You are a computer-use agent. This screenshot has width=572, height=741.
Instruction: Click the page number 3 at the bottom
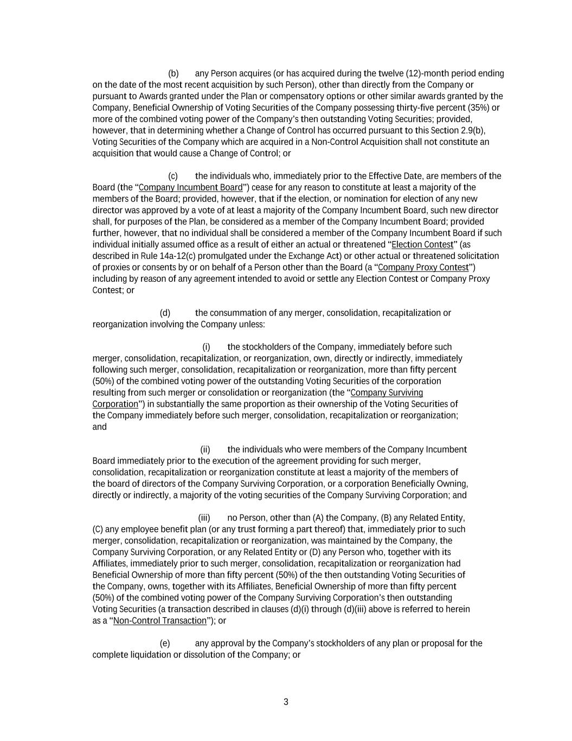tap(286, 702)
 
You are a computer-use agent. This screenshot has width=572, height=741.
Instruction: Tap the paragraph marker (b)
tap(173, 73)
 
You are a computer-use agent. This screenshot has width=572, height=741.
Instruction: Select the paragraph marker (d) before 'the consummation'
tap(165, 313)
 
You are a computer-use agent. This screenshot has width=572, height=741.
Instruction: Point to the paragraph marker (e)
tap(165, 643)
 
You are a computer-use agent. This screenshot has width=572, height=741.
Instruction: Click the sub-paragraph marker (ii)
tap(205, 449)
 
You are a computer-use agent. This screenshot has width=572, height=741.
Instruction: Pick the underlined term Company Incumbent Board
tap(191, 187)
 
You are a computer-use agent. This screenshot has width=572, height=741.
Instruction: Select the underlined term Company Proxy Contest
tap(423, 267)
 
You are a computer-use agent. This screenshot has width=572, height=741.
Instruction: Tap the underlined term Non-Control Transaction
tap(160, 620)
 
